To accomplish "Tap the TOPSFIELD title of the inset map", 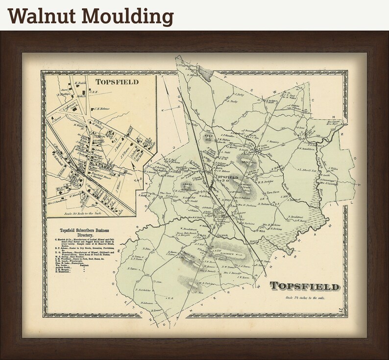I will (x=117, y=82).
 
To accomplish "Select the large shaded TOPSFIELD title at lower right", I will (x=304, y=286).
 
